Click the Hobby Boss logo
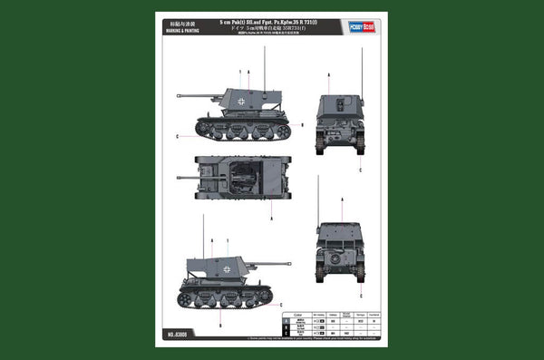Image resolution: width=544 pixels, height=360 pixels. point(362,26)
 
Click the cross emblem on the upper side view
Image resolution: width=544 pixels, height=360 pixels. point(239,102)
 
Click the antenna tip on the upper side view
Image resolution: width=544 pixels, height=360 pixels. point(265,47)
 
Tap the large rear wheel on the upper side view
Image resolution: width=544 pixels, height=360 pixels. point(282,131)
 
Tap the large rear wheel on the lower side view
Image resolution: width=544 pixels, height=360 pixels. point(186,299)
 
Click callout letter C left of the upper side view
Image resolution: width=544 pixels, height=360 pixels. point(177,137)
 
